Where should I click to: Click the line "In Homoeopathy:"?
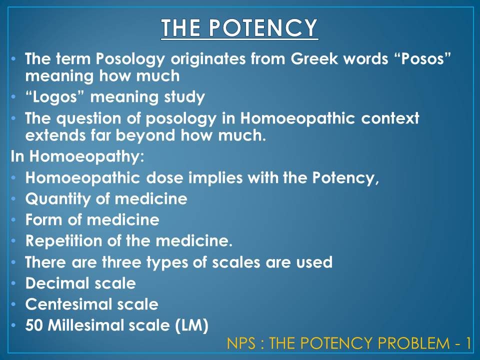pyautogui.click(x=77, y=156)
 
